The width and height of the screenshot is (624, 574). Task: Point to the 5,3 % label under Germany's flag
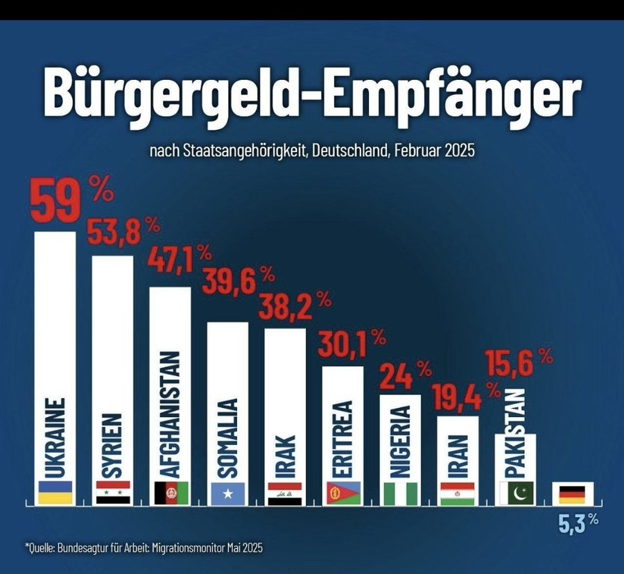[578, 521]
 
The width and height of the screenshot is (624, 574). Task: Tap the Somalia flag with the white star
[227, 492]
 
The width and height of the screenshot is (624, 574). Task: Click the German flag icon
[572, 493]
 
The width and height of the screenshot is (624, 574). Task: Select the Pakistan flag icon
[514, 492]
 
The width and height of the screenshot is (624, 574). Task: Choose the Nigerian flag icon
[400, 492]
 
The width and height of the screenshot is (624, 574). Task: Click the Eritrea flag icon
[343, 492]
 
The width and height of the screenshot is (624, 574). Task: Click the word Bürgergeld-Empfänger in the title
[311, 94]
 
